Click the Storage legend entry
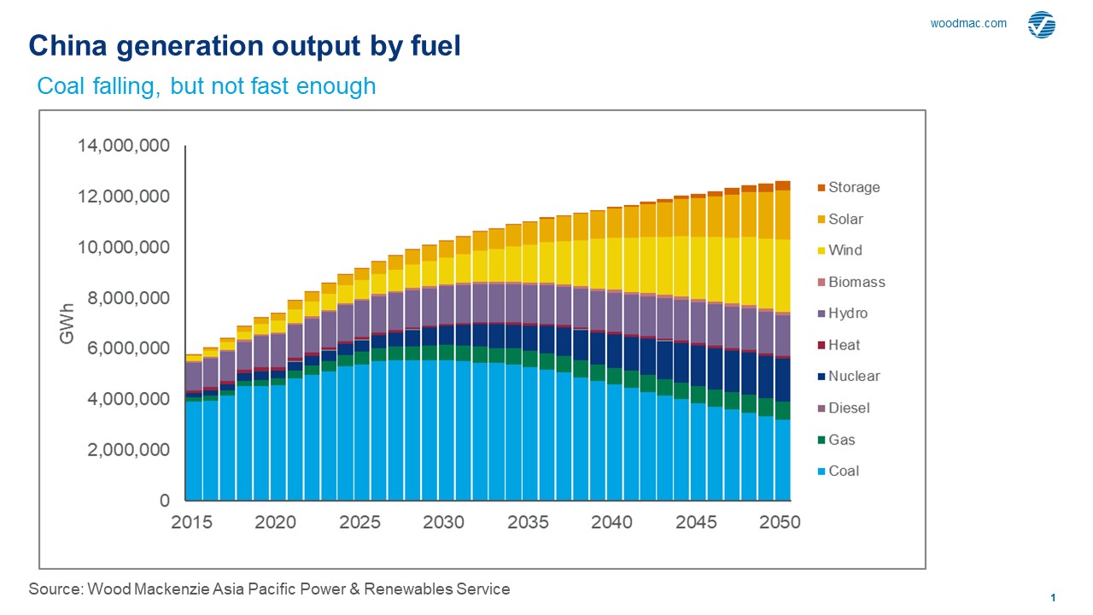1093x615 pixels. pos(853,187)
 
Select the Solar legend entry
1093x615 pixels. pos(845,219)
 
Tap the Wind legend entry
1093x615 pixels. pos(845,250)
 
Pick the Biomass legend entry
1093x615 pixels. pos(856,282)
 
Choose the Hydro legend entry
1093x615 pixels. pos(847,313)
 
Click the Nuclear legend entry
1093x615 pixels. pos(853,377)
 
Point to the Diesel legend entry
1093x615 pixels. pos(849,408)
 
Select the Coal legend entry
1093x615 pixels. pos(844,471)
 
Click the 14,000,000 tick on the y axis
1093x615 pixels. pos(124,146)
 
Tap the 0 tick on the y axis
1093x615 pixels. pos(166,501)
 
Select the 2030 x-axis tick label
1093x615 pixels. pos(444,522)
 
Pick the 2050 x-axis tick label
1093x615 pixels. pos(780,522)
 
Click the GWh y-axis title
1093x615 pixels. pos(66,324)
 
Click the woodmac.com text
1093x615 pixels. pos(968,24)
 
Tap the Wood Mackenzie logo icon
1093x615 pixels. pos(1042,25)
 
